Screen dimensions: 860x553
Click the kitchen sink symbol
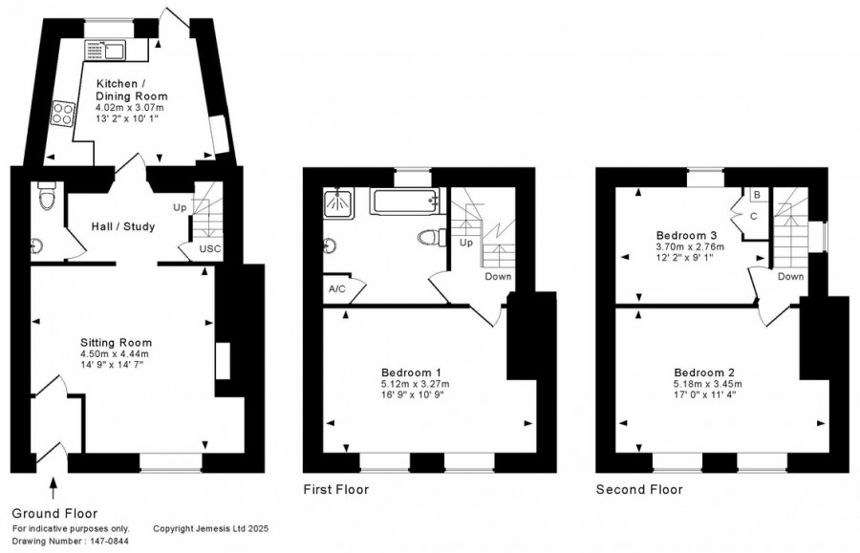point(105,50)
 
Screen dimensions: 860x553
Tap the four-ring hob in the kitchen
point(62,114)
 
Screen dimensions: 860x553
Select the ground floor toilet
point(46,196)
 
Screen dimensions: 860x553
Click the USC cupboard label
point(210,249)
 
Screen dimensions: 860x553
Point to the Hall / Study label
point(123,226)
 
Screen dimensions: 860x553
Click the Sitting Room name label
point(116,343)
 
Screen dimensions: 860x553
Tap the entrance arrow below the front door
point(54,488)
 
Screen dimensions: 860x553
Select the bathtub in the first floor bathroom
point(405,202)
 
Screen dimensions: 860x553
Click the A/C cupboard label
point(337,288)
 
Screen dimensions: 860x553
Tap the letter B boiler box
point(757,195)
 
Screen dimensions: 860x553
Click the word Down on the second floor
point(790,276)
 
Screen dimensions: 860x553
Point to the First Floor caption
point(336,489)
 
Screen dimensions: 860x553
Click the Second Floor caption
point(639,489)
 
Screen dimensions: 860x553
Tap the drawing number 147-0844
point(108,542)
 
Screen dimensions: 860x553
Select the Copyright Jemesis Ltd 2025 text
point(210,529)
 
